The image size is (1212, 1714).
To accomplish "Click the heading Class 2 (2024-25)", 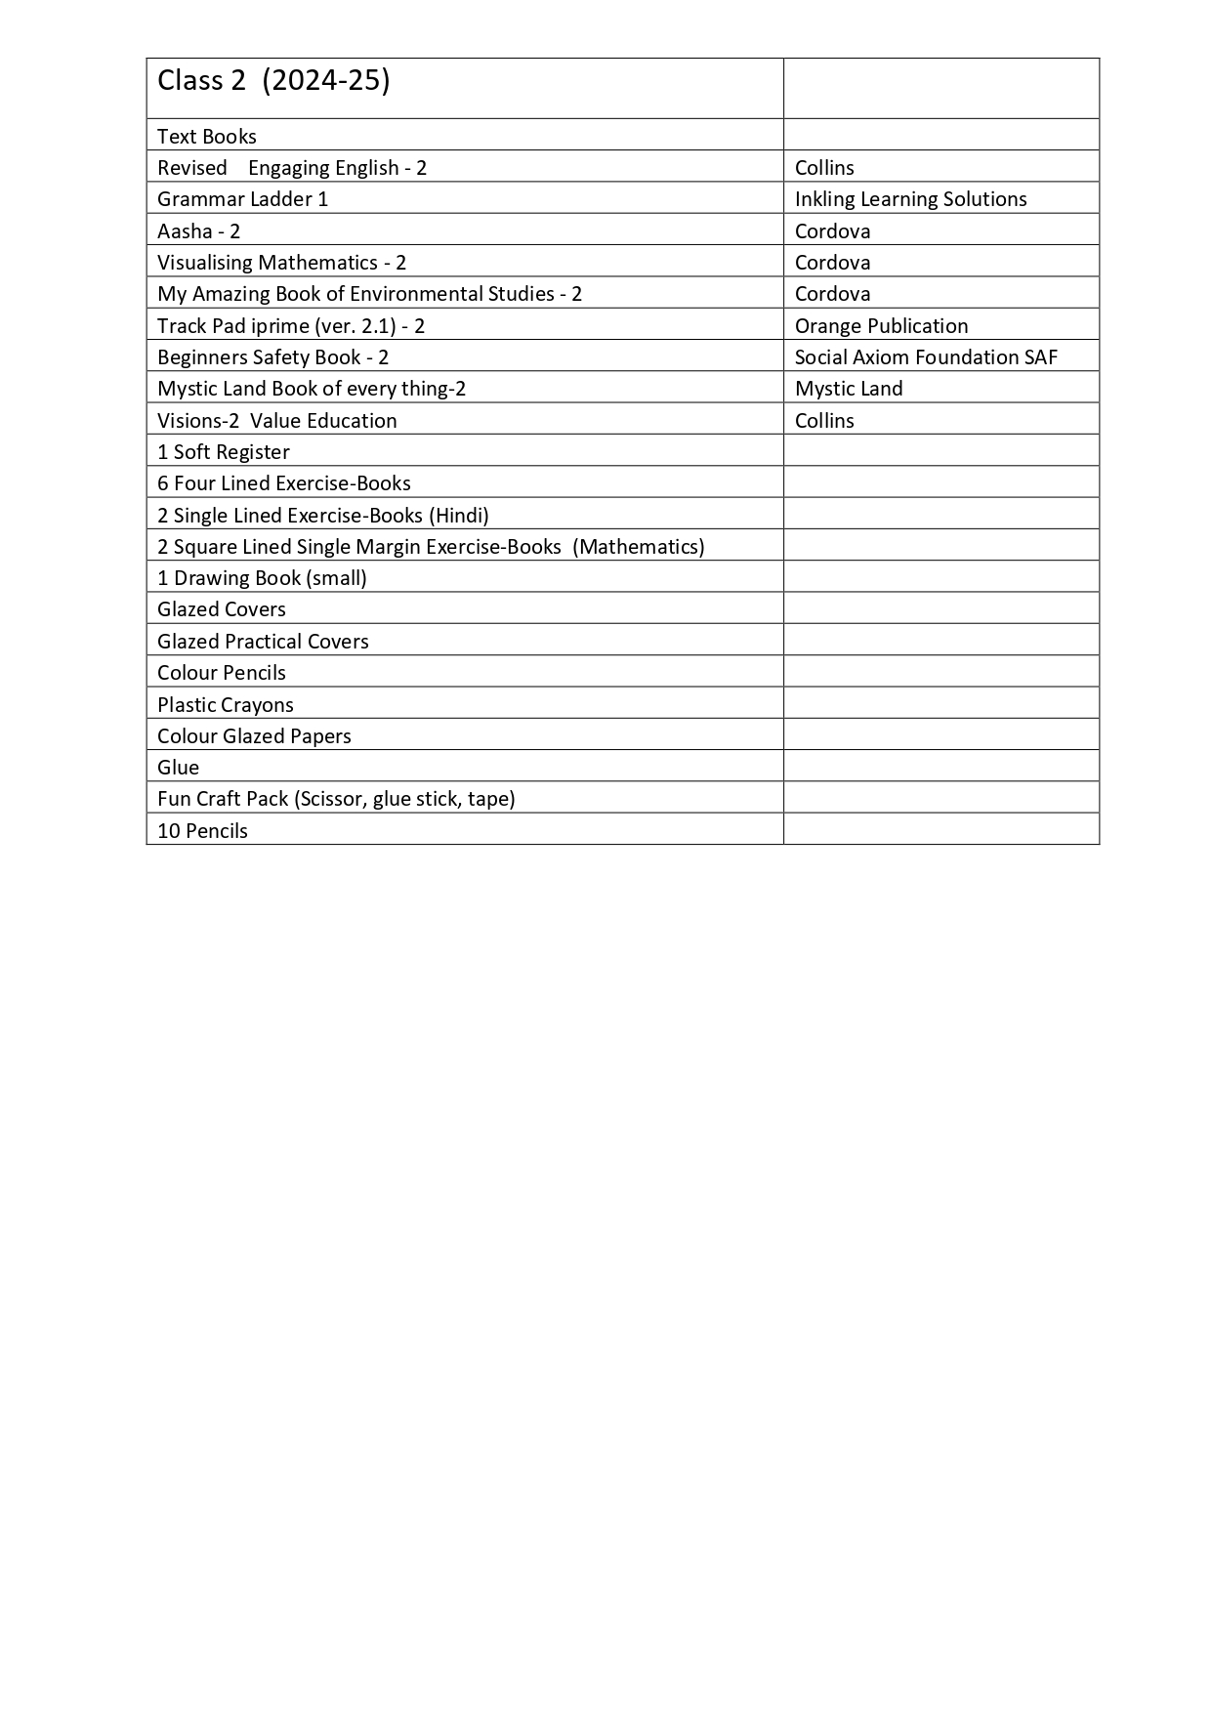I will (x=273, y=81).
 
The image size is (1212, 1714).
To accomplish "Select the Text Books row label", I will (x=207, y=137).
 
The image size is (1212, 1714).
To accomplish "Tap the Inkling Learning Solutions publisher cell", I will (x=910, y=199).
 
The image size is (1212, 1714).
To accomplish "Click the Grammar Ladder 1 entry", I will (x=242, y=199).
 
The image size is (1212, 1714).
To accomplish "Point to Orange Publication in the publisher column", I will (x=881, y=326).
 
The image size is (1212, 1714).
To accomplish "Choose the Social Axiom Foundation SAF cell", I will (x=926, y=357).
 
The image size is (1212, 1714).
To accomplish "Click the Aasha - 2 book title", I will (x=198, y=231).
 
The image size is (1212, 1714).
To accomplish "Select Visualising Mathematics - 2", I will (x=281, y=263).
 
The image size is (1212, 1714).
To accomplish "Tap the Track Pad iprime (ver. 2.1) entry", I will (x=291, y=326).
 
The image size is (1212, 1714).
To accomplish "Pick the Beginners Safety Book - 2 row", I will (x=272, y=357).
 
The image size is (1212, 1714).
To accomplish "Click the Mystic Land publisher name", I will (x=849, y=389).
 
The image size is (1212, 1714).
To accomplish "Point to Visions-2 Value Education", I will (x=277, y=421).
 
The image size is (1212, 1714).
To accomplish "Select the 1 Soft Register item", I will (x=224, y=452).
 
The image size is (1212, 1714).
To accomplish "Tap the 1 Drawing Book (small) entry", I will (x=262, y=578).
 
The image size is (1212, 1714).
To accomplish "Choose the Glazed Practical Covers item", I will (x=263, y=642).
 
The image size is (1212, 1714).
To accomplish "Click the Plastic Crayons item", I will (x=226, y=705).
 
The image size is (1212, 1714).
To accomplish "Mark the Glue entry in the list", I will (x=178, y=768).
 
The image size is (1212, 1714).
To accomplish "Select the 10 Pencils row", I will (x=202, y=831).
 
